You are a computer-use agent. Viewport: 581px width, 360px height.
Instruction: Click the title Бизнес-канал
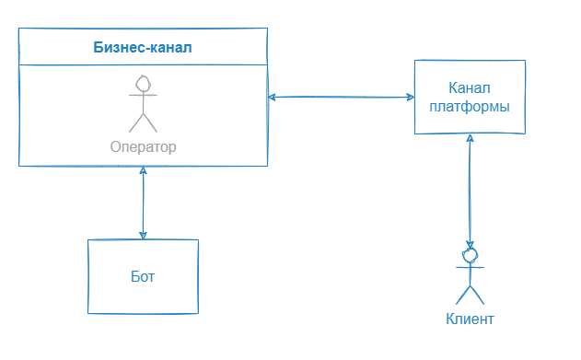(x=143, y=47)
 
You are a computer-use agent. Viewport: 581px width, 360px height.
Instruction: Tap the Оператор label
(x=143, y=146)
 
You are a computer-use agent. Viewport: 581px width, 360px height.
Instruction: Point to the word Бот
(x=143, y=276)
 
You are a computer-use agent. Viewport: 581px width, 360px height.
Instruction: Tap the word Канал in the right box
(x=470, y=88)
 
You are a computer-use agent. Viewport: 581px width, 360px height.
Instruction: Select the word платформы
(x=470, y=106)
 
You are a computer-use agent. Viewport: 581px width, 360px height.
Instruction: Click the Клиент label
(x=470, y=319)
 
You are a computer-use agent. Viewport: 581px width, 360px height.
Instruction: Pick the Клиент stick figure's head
(x=471, y=252)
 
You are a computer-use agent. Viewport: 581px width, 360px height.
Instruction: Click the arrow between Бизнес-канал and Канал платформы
(x=341, y=97)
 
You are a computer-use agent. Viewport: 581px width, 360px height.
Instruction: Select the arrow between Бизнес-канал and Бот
(x=143, y=203)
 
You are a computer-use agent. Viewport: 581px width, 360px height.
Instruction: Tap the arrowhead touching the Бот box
(x=143, y=235)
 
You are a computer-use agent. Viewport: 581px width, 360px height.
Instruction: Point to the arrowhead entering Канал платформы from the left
(x=409, y=97)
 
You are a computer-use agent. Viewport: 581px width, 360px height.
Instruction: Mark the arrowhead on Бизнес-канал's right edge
(x=273, y=97)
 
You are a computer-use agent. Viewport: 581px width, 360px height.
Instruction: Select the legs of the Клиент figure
(x=471, y=294)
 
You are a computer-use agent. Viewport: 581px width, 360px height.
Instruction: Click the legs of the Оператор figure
(x=143, y=122)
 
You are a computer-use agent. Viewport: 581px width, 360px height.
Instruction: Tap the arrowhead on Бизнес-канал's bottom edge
(x=143, y=172)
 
